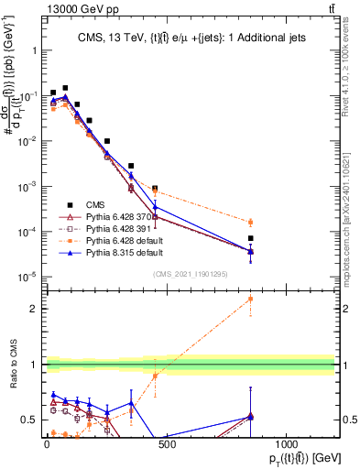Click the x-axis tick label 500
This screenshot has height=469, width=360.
pos(167,443)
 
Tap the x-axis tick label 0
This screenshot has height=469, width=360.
pos(47,443)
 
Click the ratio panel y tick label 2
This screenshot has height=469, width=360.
pos(353,309)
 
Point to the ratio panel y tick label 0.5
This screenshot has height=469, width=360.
pos(350,420)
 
